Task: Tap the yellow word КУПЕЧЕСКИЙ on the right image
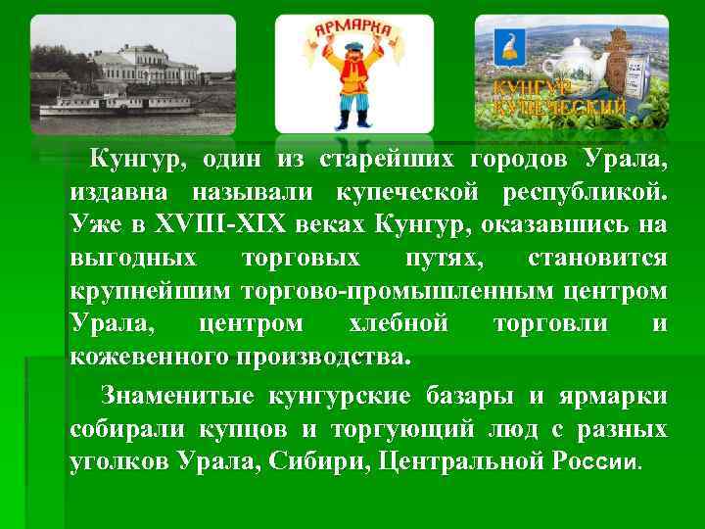[559, 108]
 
